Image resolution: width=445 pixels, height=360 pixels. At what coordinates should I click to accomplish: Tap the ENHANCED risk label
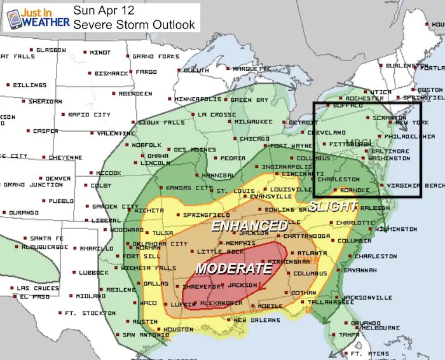(x=249, y=226)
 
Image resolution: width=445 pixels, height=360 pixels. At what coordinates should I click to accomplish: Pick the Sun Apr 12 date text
(x=100, y=10)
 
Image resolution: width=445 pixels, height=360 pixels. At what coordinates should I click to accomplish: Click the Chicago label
(x=256, y=139)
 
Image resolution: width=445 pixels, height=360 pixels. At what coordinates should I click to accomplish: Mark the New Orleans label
(x=257, y=320)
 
